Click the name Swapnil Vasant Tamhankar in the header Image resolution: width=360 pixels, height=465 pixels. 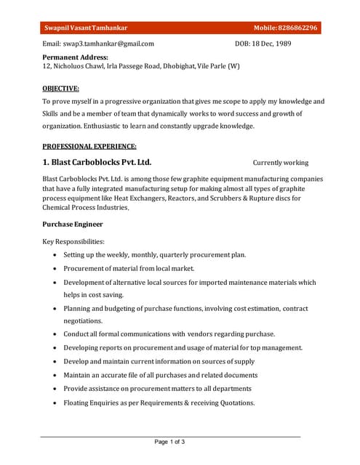click(86, 28)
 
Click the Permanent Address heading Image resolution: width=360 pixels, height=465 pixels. click(75, 57)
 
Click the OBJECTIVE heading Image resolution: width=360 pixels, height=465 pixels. click(60, 88)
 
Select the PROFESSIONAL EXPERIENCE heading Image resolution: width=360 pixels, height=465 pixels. click(89, 146)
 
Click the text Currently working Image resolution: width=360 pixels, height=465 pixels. click(281, 163)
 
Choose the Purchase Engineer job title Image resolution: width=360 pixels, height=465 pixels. click(73, 224)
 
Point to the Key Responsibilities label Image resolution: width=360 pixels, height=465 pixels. click(73, 241)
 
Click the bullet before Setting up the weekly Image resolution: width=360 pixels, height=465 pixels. click(55, 255)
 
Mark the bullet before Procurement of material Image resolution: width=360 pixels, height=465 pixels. click(55, 269)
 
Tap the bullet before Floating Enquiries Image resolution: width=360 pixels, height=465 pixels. click(55, 403)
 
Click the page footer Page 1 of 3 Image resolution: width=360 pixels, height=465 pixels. click(169, 441)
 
